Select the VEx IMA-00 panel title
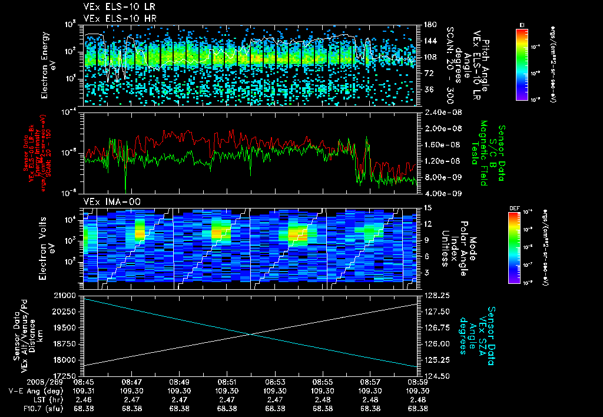tap(108, 201)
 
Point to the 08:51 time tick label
tap(227, 382)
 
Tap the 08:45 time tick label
tap(84, 382)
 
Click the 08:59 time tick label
tap(418, 382)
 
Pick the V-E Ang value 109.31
tap(84, 390)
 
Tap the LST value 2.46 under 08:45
tap(84, 399)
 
